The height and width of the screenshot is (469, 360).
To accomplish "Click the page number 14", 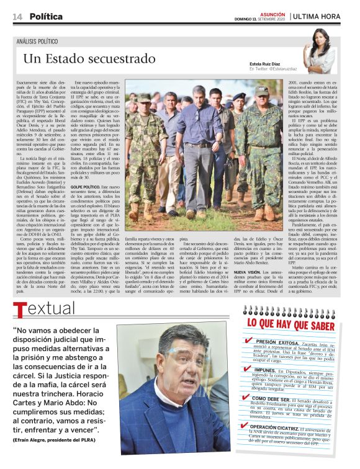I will pyautogui.click(x=17, y=16).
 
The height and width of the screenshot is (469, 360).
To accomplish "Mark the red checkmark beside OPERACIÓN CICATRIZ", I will pyautogui.click(x=248, y=427).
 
